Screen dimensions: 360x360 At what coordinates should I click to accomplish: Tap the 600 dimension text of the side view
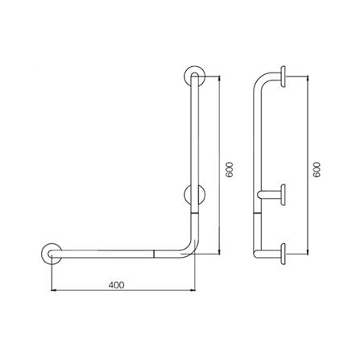317,170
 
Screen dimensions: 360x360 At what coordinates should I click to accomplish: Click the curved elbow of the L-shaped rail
189,246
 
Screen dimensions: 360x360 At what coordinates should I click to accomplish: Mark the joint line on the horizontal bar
153,253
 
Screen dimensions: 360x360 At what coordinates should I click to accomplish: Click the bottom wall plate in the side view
284,253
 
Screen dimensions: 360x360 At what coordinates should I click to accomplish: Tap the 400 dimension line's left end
51,291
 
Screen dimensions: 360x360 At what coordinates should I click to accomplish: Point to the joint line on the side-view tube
256,214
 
